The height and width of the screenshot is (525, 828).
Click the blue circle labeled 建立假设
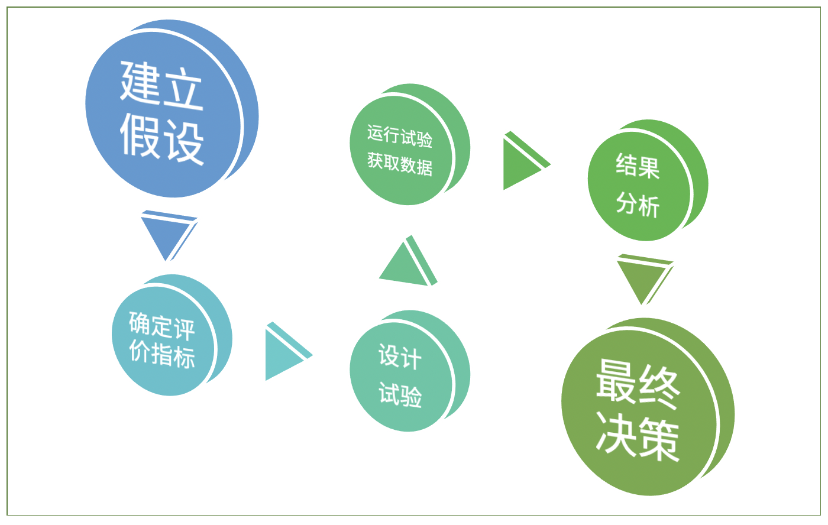[172, 109]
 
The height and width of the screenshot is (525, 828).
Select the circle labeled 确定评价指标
[172, 335]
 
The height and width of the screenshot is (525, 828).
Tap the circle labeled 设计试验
[409, 371]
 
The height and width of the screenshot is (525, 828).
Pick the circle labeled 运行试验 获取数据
[409, 144]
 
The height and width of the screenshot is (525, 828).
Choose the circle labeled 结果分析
[648, 180]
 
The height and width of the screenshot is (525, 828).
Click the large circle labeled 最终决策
[648, 407]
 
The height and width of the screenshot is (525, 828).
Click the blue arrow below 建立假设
[169, 236]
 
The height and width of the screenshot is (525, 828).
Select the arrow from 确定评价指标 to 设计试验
[289, 351]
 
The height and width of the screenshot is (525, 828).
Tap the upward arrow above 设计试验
[408, 261]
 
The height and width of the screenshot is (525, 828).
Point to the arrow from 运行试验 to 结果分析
[527, 160]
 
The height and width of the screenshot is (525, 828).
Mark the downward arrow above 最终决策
[645, 279]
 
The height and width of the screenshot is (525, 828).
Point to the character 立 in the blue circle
[183, 89]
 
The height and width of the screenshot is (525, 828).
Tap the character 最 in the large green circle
[617, 381]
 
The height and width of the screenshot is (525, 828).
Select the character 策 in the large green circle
[659, 440]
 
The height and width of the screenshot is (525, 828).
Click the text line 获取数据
[400, 164]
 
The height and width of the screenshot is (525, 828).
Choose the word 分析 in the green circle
[638, 205]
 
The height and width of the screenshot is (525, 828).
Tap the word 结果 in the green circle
[638, 166]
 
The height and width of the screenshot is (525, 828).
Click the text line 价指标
[162, 354]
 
